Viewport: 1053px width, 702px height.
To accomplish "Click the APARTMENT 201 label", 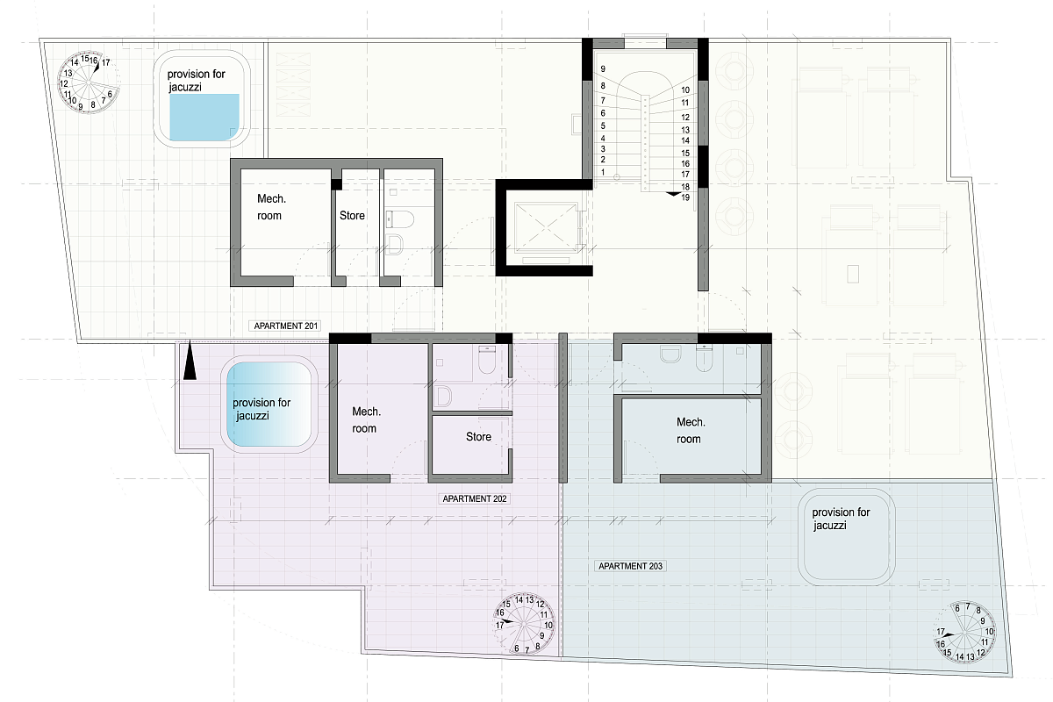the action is (285, 326).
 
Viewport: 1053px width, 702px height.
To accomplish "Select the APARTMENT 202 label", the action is (475, 498).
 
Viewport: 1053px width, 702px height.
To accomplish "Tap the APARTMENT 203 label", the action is (630, 566).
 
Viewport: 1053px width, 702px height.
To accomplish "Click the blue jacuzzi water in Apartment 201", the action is (204, 117).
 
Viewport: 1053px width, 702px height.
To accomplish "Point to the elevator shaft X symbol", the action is (546, 227).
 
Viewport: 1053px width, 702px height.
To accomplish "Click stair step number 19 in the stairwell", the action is (685, 197).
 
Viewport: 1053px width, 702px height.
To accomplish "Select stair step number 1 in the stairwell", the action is (603, 172).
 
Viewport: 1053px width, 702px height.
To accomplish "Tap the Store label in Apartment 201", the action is (352, 215).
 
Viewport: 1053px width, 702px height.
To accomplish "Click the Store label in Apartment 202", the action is (478, 437).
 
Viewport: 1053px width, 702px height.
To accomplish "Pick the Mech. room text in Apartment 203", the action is (690, 430).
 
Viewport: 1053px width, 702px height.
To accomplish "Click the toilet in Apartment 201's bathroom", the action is (400, 219).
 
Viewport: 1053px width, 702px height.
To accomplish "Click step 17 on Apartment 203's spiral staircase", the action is (940, 632).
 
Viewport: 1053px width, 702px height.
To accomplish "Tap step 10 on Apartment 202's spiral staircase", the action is (548, 626).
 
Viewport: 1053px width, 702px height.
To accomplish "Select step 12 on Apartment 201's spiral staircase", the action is (63, 83).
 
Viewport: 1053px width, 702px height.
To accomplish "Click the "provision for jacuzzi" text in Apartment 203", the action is (841, 519).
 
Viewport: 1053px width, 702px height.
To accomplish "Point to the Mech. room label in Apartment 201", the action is (271, 207).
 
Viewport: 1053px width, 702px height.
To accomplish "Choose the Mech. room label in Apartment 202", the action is (366, 419).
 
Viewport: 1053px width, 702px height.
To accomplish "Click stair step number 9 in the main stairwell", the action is (603, 68).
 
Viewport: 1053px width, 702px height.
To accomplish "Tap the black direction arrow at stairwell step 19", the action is (673, 193).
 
